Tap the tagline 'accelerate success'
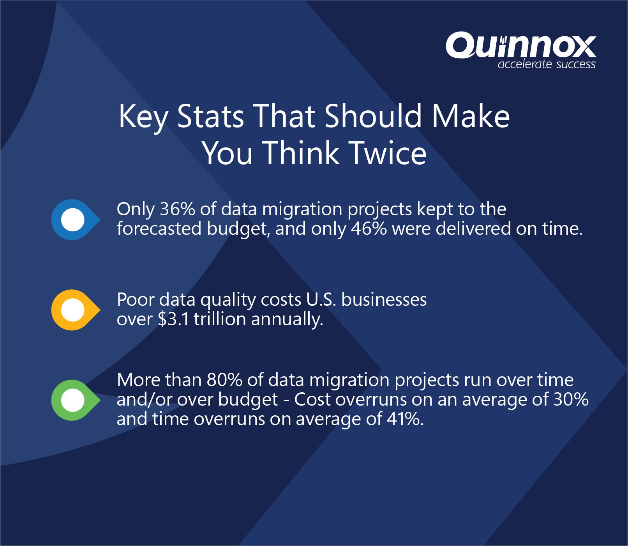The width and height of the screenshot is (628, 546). tap(547, 64)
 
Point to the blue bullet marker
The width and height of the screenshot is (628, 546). tap(74, 220)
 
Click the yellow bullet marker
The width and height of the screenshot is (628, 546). tap(74, 310)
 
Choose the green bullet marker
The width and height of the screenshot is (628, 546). tap(74, 400)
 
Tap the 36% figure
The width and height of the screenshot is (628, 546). tap(177, 209)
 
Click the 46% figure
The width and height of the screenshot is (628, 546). tap(369, 229)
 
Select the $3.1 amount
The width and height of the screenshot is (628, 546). tap(173, 319)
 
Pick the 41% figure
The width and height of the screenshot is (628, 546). tap(404, 419)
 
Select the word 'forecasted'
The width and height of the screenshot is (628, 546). tap(159, 229)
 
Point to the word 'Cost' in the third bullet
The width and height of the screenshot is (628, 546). tap(312, 399)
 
